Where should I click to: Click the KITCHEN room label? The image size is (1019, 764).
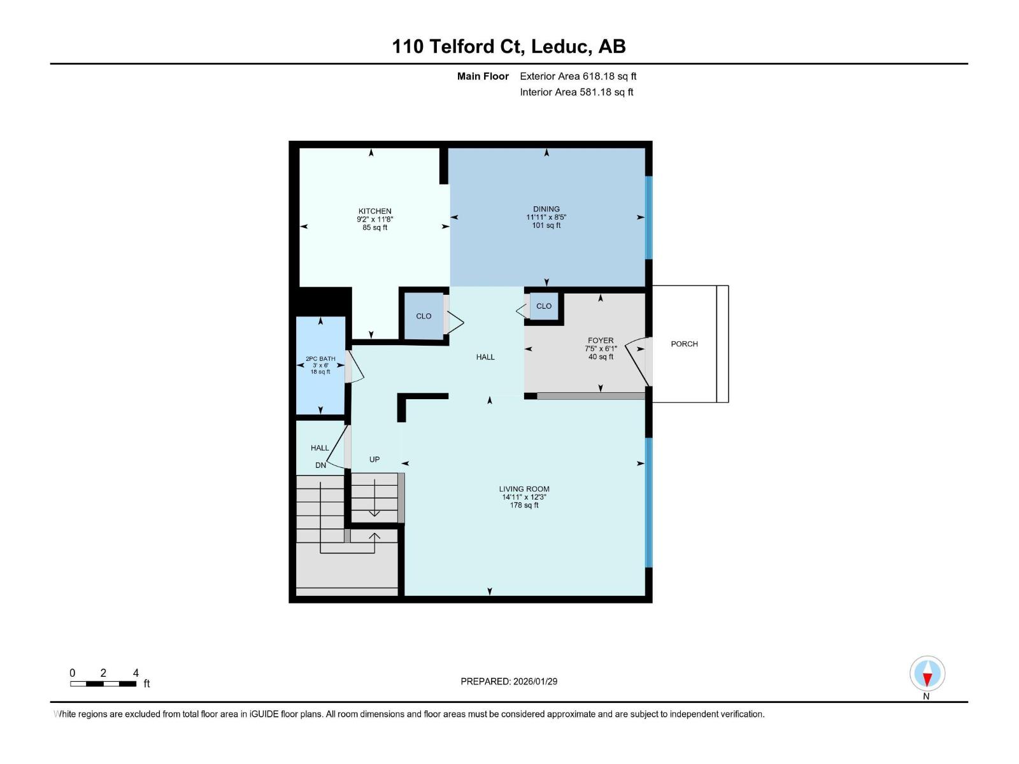point(374,211)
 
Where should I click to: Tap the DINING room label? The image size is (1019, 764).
point(546,209)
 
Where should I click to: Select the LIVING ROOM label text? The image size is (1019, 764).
point(524,489)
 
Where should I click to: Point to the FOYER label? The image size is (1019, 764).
point(601,341)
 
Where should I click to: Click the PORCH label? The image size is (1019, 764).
point(684,344)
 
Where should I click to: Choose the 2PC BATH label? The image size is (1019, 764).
point(320,359)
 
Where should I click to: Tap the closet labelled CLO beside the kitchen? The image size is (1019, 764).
point(424,316)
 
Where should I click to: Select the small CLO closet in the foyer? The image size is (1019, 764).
point(544,306)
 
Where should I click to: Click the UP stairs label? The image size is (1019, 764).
point(374,459)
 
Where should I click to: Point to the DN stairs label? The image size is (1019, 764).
point(320,465)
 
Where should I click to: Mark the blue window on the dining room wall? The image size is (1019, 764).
point(649,217)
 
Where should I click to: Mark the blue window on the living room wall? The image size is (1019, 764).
point(649,502)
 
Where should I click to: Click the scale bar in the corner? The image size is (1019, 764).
point(103,684)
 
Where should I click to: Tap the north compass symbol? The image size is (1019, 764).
point(927,674)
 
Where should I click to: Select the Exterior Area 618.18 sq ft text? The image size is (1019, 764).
point(578,76)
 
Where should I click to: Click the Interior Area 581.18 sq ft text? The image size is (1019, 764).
point(576,92)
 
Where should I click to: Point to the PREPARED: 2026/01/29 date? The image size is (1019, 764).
point(509,681)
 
